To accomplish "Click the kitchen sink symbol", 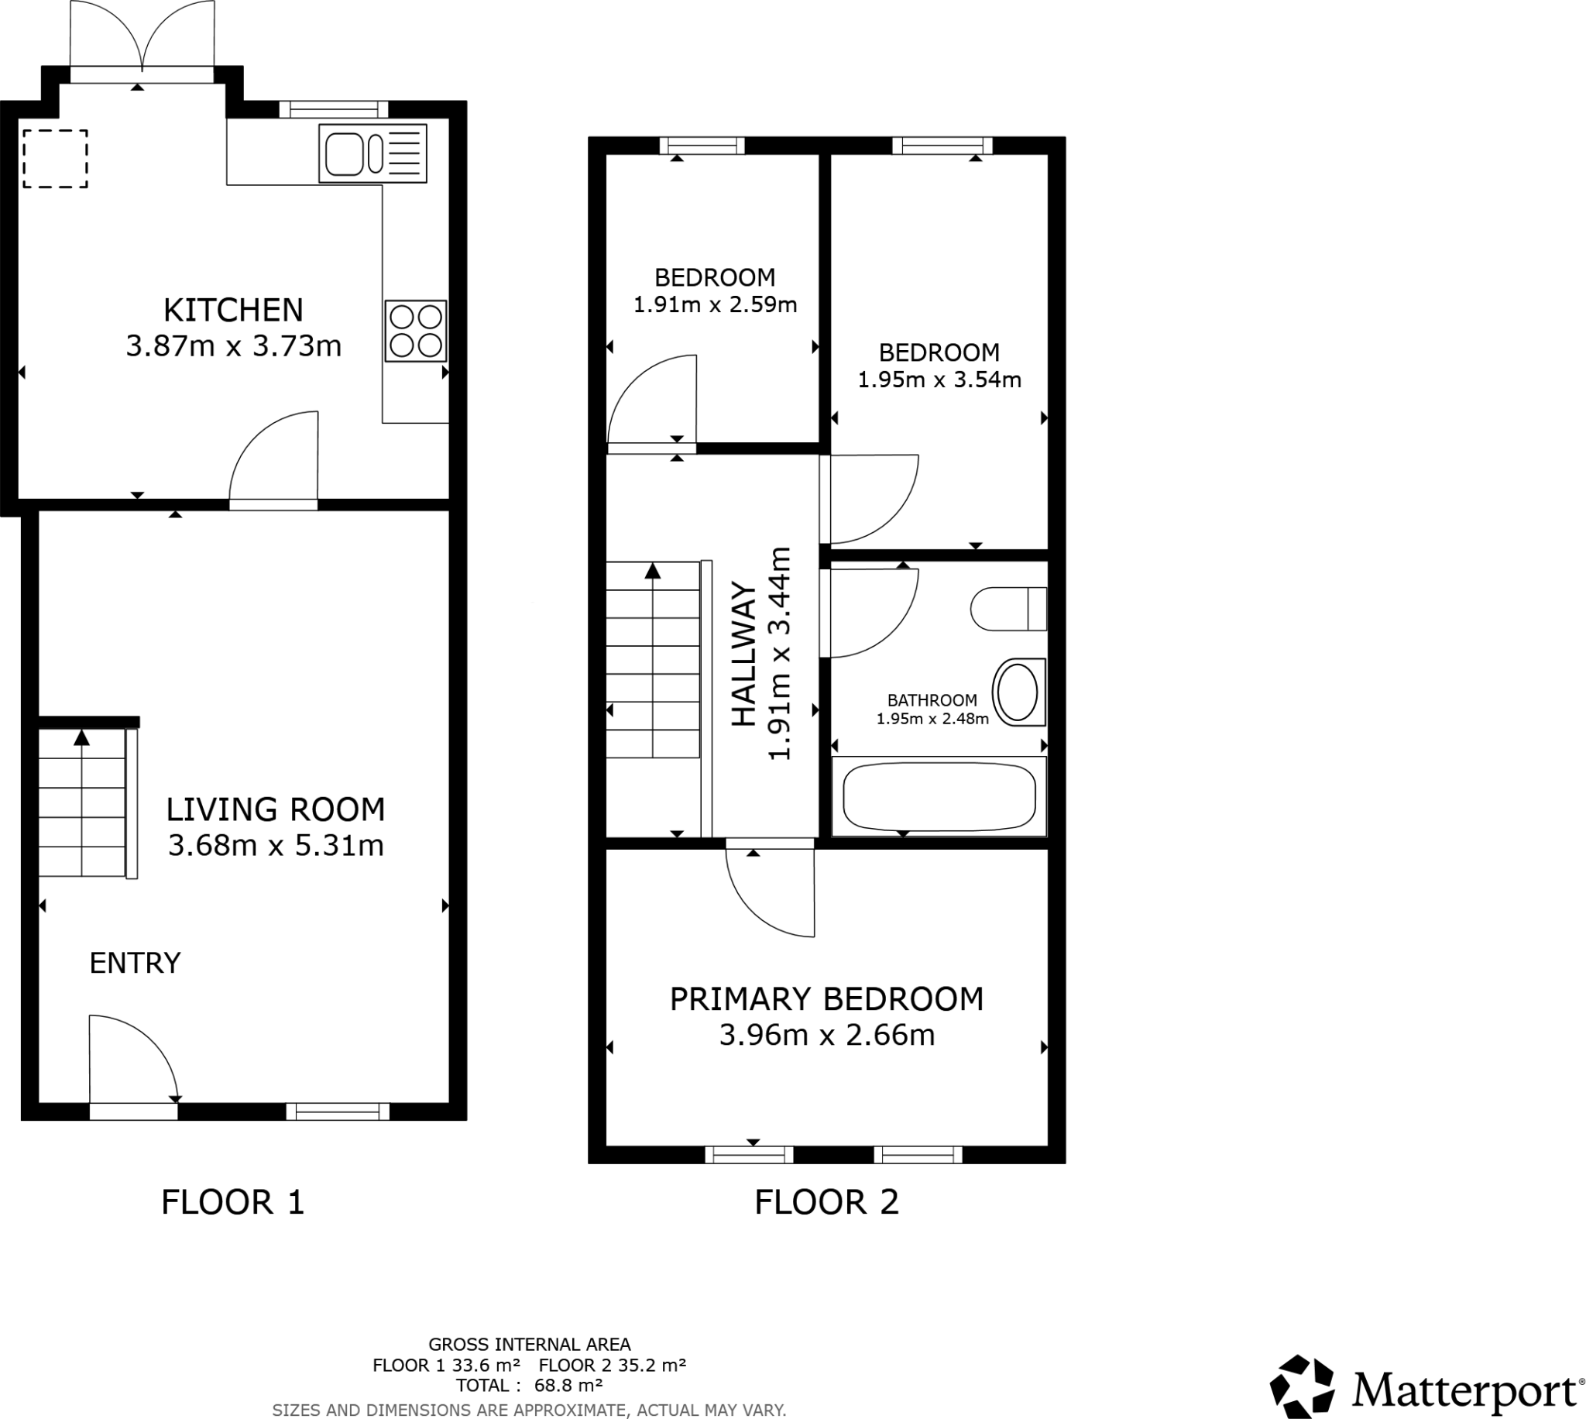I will [x=372, y=153].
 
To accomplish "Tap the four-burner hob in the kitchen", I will [x=415, y=331].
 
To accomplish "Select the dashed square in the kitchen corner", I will [x=54, y=158].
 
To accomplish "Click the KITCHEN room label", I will [x=233, y=311].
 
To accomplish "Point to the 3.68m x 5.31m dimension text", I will [x=276, y=845].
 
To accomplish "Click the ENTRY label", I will [x=135, y=964].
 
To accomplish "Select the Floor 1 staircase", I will [x=82, y=802].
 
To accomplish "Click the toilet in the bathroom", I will [x=1008, y=609].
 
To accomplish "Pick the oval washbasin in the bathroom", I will [x=1018, y=692].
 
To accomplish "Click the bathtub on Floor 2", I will [x=939, y=796].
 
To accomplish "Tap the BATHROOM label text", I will [x=932, y=700].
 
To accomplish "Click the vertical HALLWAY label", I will [x=745, y=655].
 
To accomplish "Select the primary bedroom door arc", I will [x=767, y=897].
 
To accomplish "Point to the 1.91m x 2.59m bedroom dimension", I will [x=715, y=305].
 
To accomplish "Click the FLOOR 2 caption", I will [x=826, y=1202].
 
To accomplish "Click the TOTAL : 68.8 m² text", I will [x=529, y=1386].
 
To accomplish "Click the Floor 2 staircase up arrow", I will [x=653, y=572].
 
